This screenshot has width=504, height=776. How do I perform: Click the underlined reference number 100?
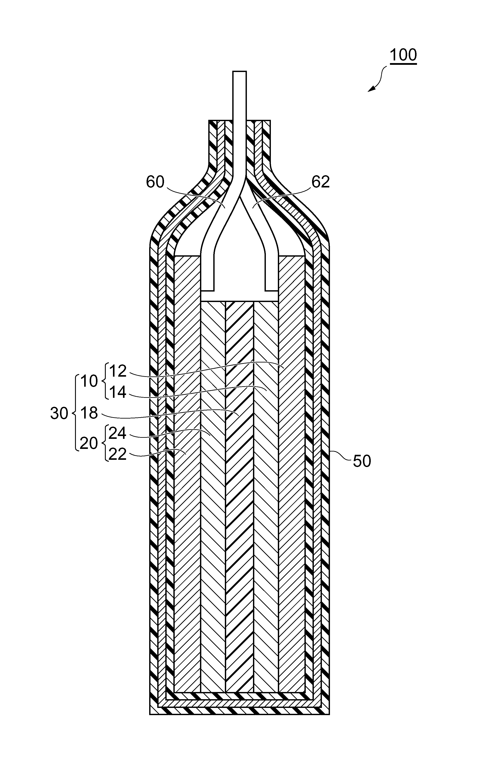[403, 55]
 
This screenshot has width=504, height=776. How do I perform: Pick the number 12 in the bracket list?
[118, 371]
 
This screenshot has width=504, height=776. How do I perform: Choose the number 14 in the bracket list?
[118, 392]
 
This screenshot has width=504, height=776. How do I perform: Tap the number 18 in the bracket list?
[89, 413]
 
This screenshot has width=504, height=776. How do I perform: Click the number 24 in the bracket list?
[118, 433]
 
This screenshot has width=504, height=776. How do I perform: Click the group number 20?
[89, 444]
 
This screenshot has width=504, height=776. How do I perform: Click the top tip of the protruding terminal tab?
[239, 71]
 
